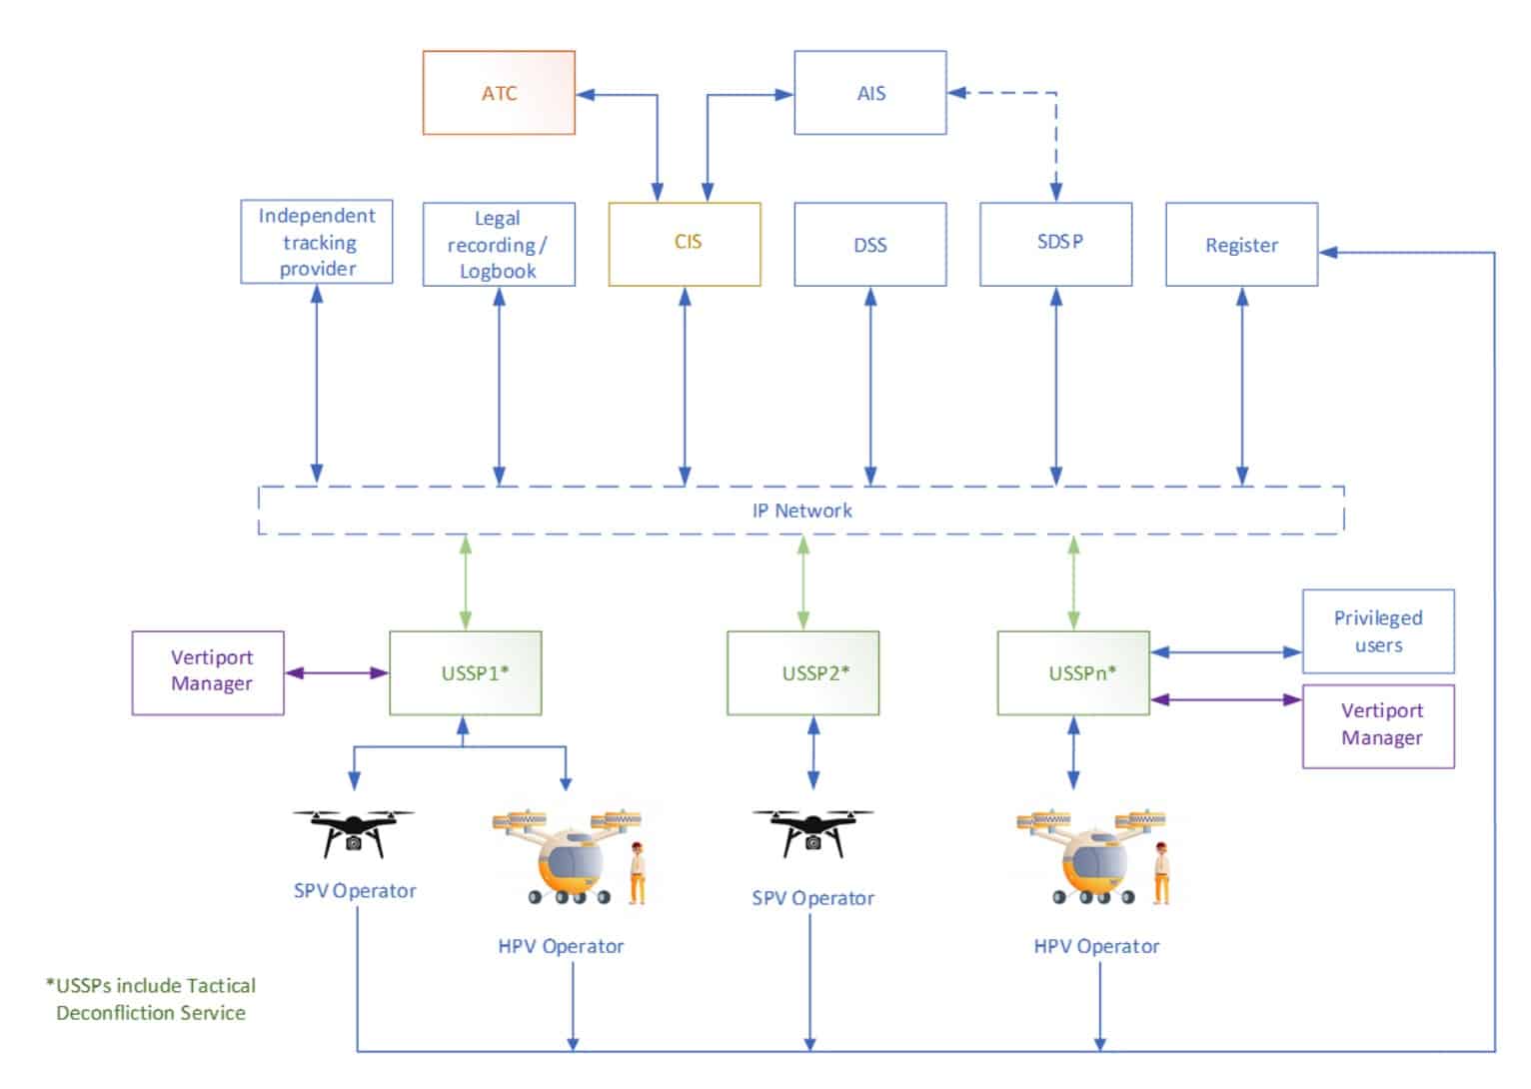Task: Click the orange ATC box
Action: [499, 92]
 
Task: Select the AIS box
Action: [870, 92]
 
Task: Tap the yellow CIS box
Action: [685, 244]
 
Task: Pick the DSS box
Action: [870, 244]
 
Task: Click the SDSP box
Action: [1056, 244]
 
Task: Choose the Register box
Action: [1242, 244]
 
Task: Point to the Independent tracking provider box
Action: [317, 241]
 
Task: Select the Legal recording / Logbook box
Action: [499, 244]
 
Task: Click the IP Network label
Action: [801, 511]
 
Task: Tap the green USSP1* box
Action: [466, 673]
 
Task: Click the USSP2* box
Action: [803, 673]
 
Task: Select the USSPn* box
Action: [1073, 673]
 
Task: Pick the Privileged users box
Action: [1378, 631]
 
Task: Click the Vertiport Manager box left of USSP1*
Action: [208, 673]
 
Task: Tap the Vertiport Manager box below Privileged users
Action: [1378, 726]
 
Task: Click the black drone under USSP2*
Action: [812, 833]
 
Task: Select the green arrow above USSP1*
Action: [466, 582]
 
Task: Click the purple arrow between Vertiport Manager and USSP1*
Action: [337, 673]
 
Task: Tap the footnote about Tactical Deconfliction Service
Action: [151, 999]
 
